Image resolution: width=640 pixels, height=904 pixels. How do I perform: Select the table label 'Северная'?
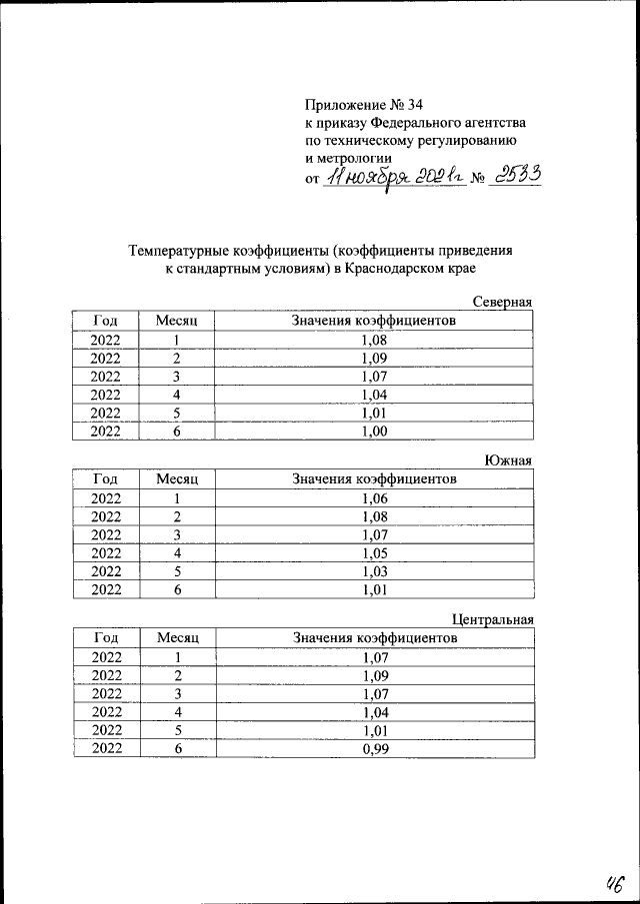(x=501, y=302)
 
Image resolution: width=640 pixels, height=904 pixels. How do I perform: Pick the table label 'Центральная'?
(x=492, y=619)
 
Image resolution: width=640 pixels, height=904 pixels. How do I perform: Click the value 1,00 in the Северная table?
(x=373, y=432)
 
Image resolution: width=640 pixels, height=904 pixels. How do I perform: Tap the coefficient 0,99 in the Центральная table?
(x=373, y=749)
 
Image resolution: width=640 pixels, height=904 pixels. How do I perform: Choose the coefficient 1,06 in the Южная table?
(x=373, y=498)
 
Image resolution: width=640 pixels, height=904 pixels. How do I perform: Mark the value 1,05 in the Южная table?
(x=373, y=552)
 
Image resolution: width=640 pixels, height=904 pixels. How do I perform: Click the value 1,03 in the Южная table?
(x=373, y=571)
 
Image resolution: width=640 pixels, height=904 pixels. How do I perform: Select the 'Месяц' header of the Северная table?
(x=177, y=321)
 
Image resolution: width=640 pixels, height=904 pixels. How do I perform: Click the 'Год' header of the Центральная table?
(x=106, y=638)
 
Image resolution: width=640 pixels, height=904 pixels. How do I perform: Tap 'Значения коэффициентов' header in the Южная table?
(x=374, y=479)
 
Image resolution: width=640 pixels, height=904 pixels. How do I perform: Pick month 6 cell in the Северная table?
(x=177, y=432)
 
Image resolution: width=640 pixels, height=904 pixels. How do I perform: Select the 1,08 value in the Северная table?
(x=373, y=340)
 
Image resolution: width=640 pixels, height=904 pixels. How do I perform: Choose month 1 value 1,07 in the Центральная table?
(x=373, y=658)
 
